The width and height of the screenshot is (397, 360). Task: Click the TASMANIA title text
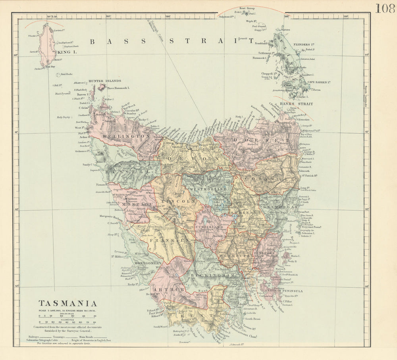click(x=67, y=303)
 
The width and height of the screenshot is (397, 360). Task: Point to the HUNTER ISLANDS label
click(x=105, y=81)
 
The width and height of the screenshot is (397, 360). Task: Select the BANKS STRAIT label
click(x=296, y=104)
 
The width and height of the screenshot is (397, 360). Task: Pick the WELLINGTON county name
click(x=121, y=136)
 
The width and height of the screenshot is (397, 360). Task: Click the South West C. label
click(x=161, y=327)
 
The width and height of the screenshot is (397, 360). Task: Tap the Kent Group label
click(x=247, y=8)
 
